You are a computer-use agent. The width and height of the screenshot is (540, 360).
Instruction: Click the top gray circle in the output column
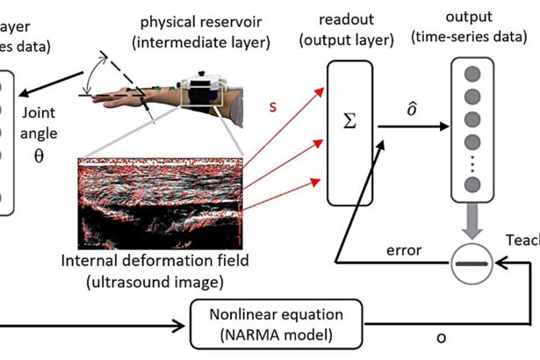472,74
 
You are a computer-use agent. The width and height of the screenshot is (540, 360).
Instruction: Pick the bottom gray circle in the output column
472,184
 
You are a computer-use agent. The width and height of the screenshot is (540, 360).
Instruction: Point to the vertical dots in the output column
472,163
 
